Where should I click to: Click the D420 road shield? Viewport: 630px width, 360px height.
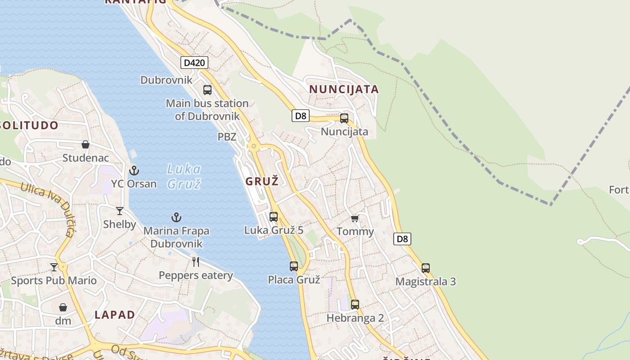(195, 63)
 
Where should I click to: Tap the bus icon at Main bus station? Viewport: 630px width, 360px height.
(207, 90)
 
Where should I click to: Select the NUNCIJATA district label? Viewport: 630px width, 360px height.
(344, 89)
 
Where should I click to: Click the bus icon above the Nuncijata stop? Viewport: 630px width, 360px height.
(344, 118)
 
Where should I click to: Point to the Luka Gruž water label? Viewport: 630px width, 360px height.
(184, 176)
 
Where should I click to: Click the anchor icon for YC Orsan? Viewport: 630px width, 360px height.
(134, 171)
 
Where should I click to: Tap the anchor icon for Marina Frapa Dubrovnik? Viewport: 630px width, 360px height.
(176, 218)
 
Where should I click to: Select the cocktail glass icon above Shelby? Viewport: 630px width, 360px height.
(120, 211)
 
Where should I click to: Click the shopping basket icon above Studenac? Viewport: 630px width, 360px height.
(85, 144)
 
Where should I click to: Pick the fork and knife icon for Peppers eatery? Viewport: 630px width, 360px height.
(196, 262)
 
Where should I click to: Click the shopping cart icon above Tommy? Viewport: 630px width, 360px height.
(355, 218)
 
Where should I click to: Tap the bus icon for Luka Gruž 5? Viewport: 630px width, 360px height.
(274, 217)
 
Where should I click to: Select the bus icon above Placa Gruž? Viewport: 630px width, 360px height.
(294, 266)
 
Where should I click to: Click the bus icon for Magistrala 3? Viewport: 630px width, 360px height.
(426, 268)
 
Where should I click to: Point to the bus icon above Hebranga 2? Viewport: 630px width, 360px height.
(355, 305)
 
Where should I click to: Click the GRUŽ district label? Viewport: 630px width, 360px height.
(262, 181)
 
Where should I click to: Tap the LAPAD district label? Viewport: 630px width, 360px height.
(115, 315)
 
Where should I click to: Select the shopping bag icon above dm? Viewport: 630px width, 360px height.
(63, 307)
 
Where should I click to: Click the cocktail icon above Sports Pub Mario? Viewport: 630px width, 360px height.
(54, 267)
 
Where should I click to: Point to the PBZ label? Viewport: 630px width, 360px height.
(227, 137)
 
